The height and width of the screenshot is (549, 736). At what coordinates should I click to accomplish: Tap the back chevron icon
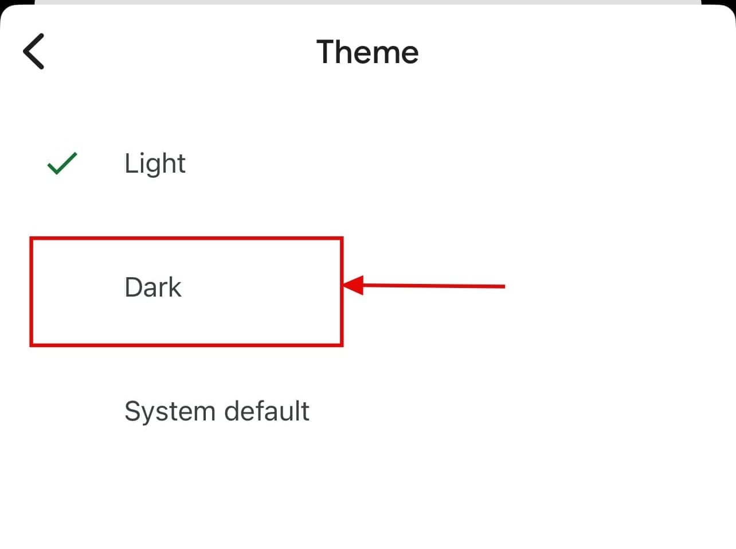tap(33, 52)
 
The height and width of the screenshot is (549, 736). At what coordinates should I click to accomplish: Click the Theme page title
tap(367, 52)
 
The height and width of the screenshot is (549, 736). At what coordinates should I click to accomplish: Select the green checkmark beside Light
tap(62, 163)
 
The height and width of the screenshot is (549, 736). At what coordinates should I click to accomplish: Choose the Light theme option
tap(155, 163)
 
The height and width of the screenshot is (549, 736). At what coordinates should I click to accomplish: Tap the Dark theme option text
tap(152, 287)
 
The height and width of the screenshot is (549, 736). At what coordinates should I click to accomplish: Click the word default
tap(267, 411)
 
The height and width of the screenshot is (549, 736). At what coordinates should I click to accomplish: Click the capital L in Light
tap(130, 163)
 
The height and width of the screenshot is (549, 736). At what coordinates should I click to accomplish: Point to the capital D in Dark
tap(134, 287)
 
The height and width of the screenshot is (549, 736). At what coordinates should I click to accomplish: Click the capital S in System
tap(132, 411)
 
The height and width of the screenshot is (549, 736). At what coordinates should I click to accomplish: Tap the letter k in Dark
tap(174, 287)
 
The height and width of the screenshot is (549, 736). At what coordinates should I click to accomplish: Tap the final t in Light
tap(181, 164)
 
